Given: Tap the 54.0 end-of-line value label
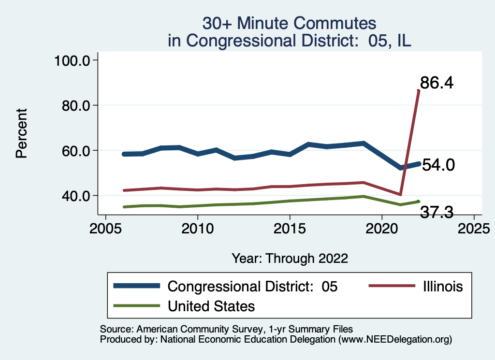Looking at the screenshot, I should [x=438, y=166].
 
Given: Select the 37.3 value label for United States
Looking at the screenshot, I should [x=436, y=212].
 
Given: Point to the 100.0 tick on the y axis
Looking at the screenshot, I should [x=74, y=60].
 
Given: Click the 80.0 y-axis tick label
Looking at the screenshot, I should [x=77, y=105].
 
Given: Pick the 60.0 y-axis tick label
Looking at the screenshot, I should [x=77, y=150].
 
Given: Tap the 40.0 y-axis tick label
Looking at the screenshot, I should [x=77, y=196].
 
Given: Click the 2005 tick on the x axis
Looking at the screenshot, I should [x=105, y=228].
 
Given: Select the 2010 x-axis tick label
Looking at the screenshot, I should [x=197, y=228].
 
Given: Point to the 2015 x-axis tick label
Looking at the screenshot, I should [x=290, y=228].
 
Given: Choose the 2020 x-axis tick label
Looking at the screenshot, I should [x=382, y=228].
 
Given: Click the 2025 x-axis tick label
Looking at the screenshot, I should [x=474, y=228].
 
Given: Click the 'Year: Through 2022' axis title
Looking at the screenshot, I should [x=290, y=258].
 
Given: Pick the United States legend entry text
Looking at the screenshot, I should [x=211, y=306].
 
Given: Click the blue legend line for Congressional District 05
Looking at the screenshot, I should [x=137, y=286].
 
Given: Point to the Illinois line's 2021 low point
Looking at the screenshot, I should [x=400, y=194].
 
